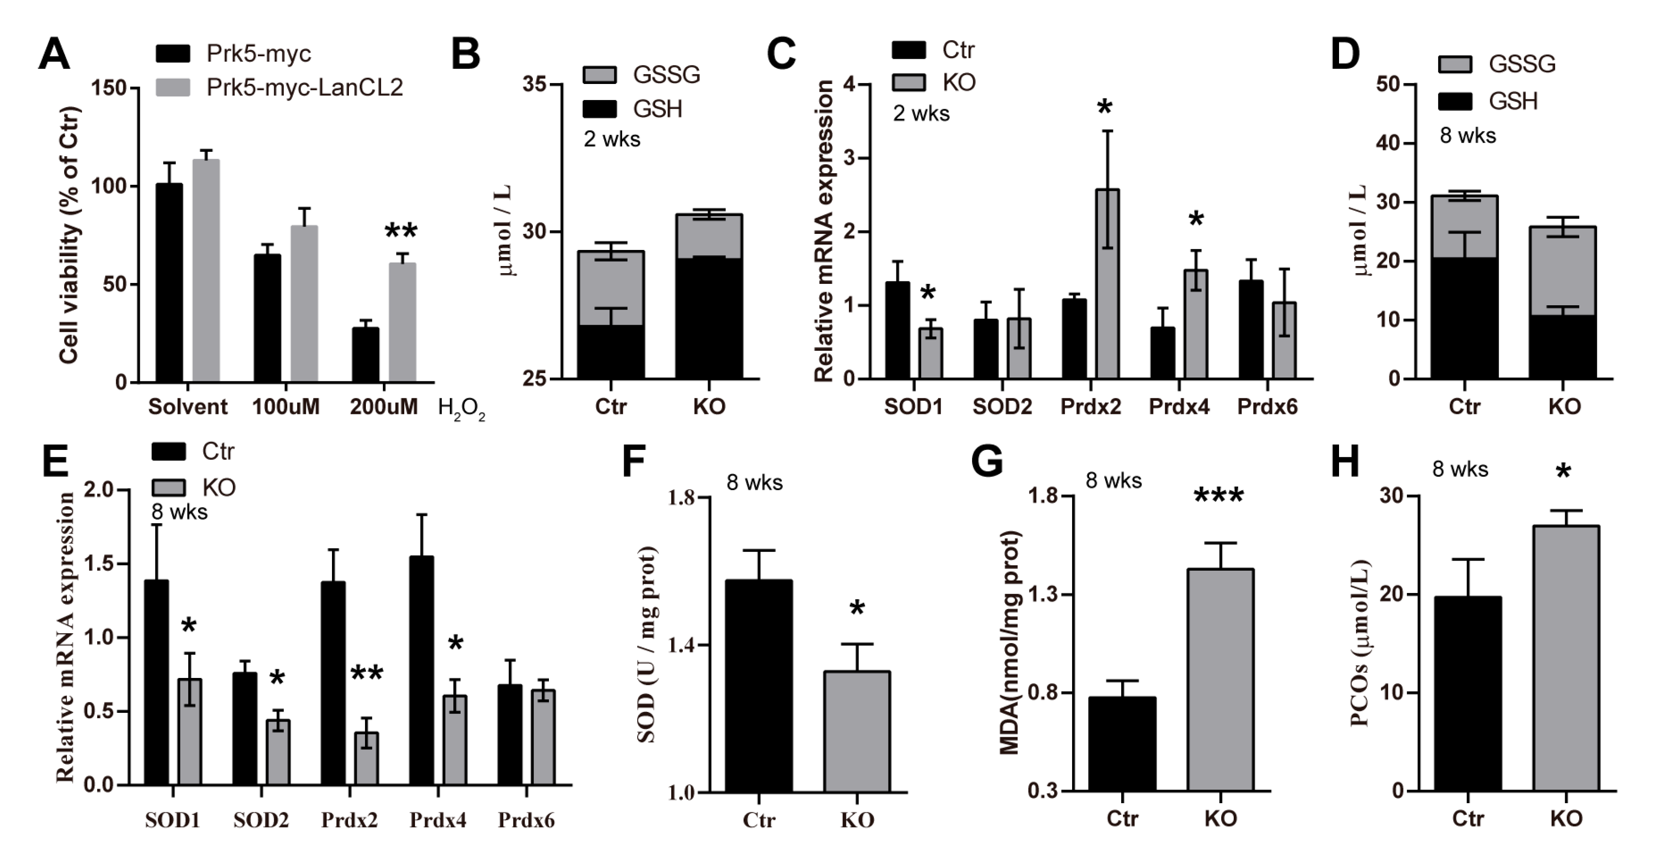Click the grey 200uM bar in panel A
point(402,322)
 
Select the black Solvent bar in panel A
point(169,282)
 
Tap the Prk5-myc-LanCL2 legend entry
point(304,87)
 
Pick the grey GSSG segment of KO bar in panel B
point(709,236)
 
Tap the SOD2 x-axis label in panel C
point(1002,407)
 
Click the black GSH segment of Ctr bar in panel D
point(1464,318)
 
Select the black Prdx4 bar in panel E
point(421,671)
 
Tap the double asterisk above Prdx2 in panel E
point(367,674)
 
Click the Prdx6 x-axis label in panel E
point(526,820)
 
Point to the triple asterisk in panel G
point(1219,496)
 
